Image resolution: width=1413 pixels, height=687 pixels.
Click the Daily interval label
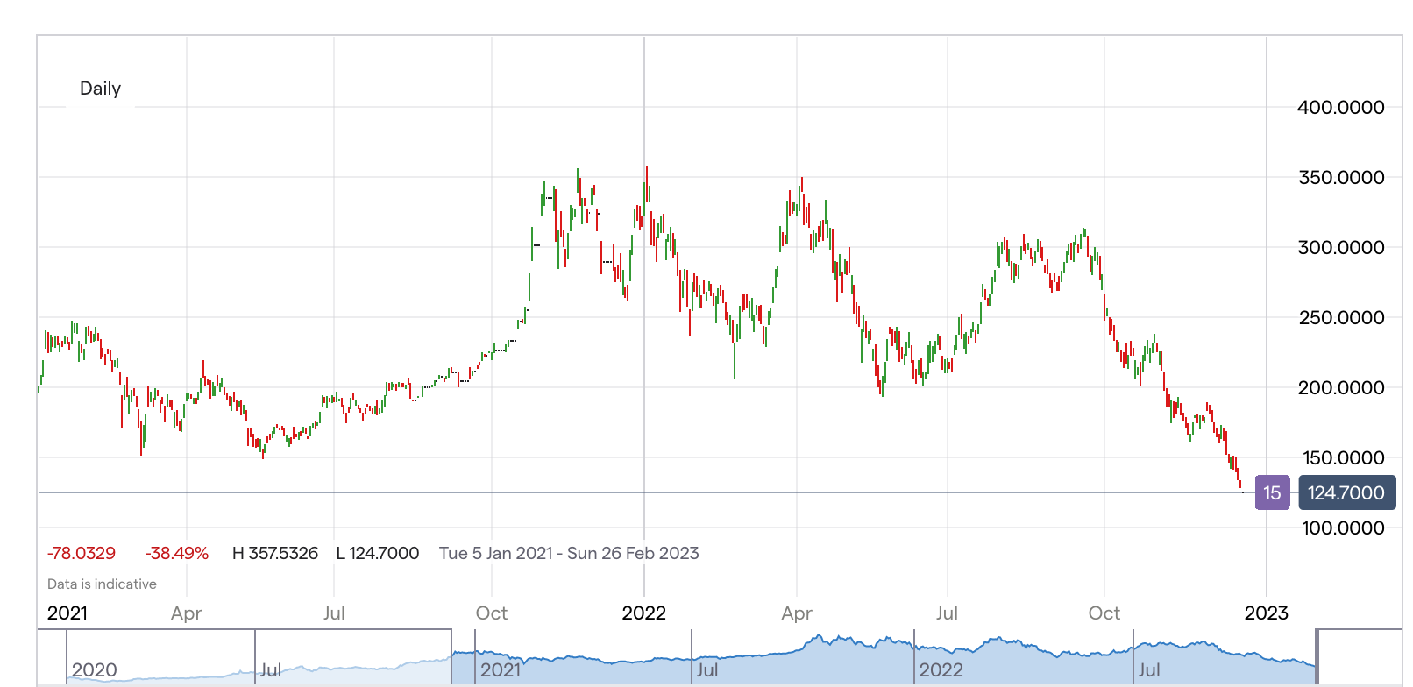coord(100,89)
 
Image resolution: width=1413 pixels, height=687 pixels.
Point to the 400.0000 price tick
coord(1340,108)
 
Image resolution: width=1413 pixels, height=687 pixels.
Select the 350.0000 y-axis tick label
coord(1340,178)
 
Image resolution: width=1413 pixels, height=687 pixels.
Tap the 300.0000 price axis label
coord(1340,248)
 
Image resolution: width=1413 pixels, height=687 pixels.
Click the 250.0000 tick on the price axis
coord(1340,318)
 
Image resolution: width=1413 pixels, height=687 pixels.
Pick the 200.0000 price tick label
coord(1340,388)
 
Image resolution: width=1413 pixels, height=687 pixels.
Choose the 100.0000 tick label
coord(1342,528)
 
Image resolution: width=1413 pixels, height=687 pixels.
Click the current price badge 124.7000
coord(1346,493)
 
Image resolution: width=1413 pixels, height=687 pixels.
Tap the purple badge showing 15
coord(1272,493)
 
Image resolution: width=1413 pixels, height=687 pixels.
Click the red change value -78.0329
coord(82,554)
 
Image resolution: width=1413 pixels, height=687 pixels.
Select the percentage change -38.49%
coord(176,554)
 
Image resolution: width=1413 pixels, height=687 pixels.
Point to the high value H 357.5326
coord(274,554)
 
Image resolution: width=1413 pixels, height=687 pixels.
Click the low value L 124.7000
coord(378,554)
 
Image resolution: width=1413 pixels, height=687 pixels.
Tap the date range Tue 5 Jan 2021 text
coord(495,554)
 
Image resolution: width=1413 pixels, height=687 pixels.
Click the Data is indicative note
coord(102,584)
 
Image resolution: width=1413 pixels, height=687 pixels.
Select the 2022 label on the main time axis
coord(643,613)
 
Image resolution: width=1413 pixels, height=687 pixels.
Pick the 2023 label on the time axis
coord(1266,613)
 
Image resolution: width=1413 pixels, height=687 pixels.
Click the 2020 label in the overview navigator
coord(94,670)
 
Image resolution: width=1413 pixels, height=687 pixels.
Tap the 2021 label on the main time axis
coord(67,613)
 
